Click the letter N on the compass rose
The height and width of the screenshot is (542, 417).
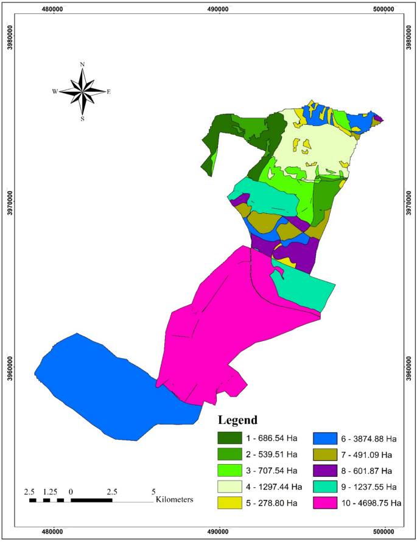click(x=83, y=64)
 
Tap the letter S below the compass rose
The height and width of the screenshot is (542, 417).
click(x=83, y=119)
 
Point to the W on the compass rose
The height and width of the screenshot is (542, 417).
click(x=55, y=92)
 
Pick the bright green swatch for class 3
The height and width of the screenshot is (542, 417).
click(x=230, y=471)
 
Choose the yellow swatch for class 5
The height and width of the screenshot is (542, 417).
click(x=230, y=503)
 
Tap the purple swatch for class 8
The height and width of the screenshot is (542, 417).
click(x=325, y=471)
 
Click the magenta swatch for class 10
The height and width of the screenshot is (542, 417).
click(x=325, y=503)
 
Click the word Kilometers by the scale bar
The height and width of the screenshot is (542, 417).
click(x=175, y=500)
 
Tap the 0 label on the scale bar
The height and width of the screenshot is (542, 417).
click(x=71, y=491)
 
